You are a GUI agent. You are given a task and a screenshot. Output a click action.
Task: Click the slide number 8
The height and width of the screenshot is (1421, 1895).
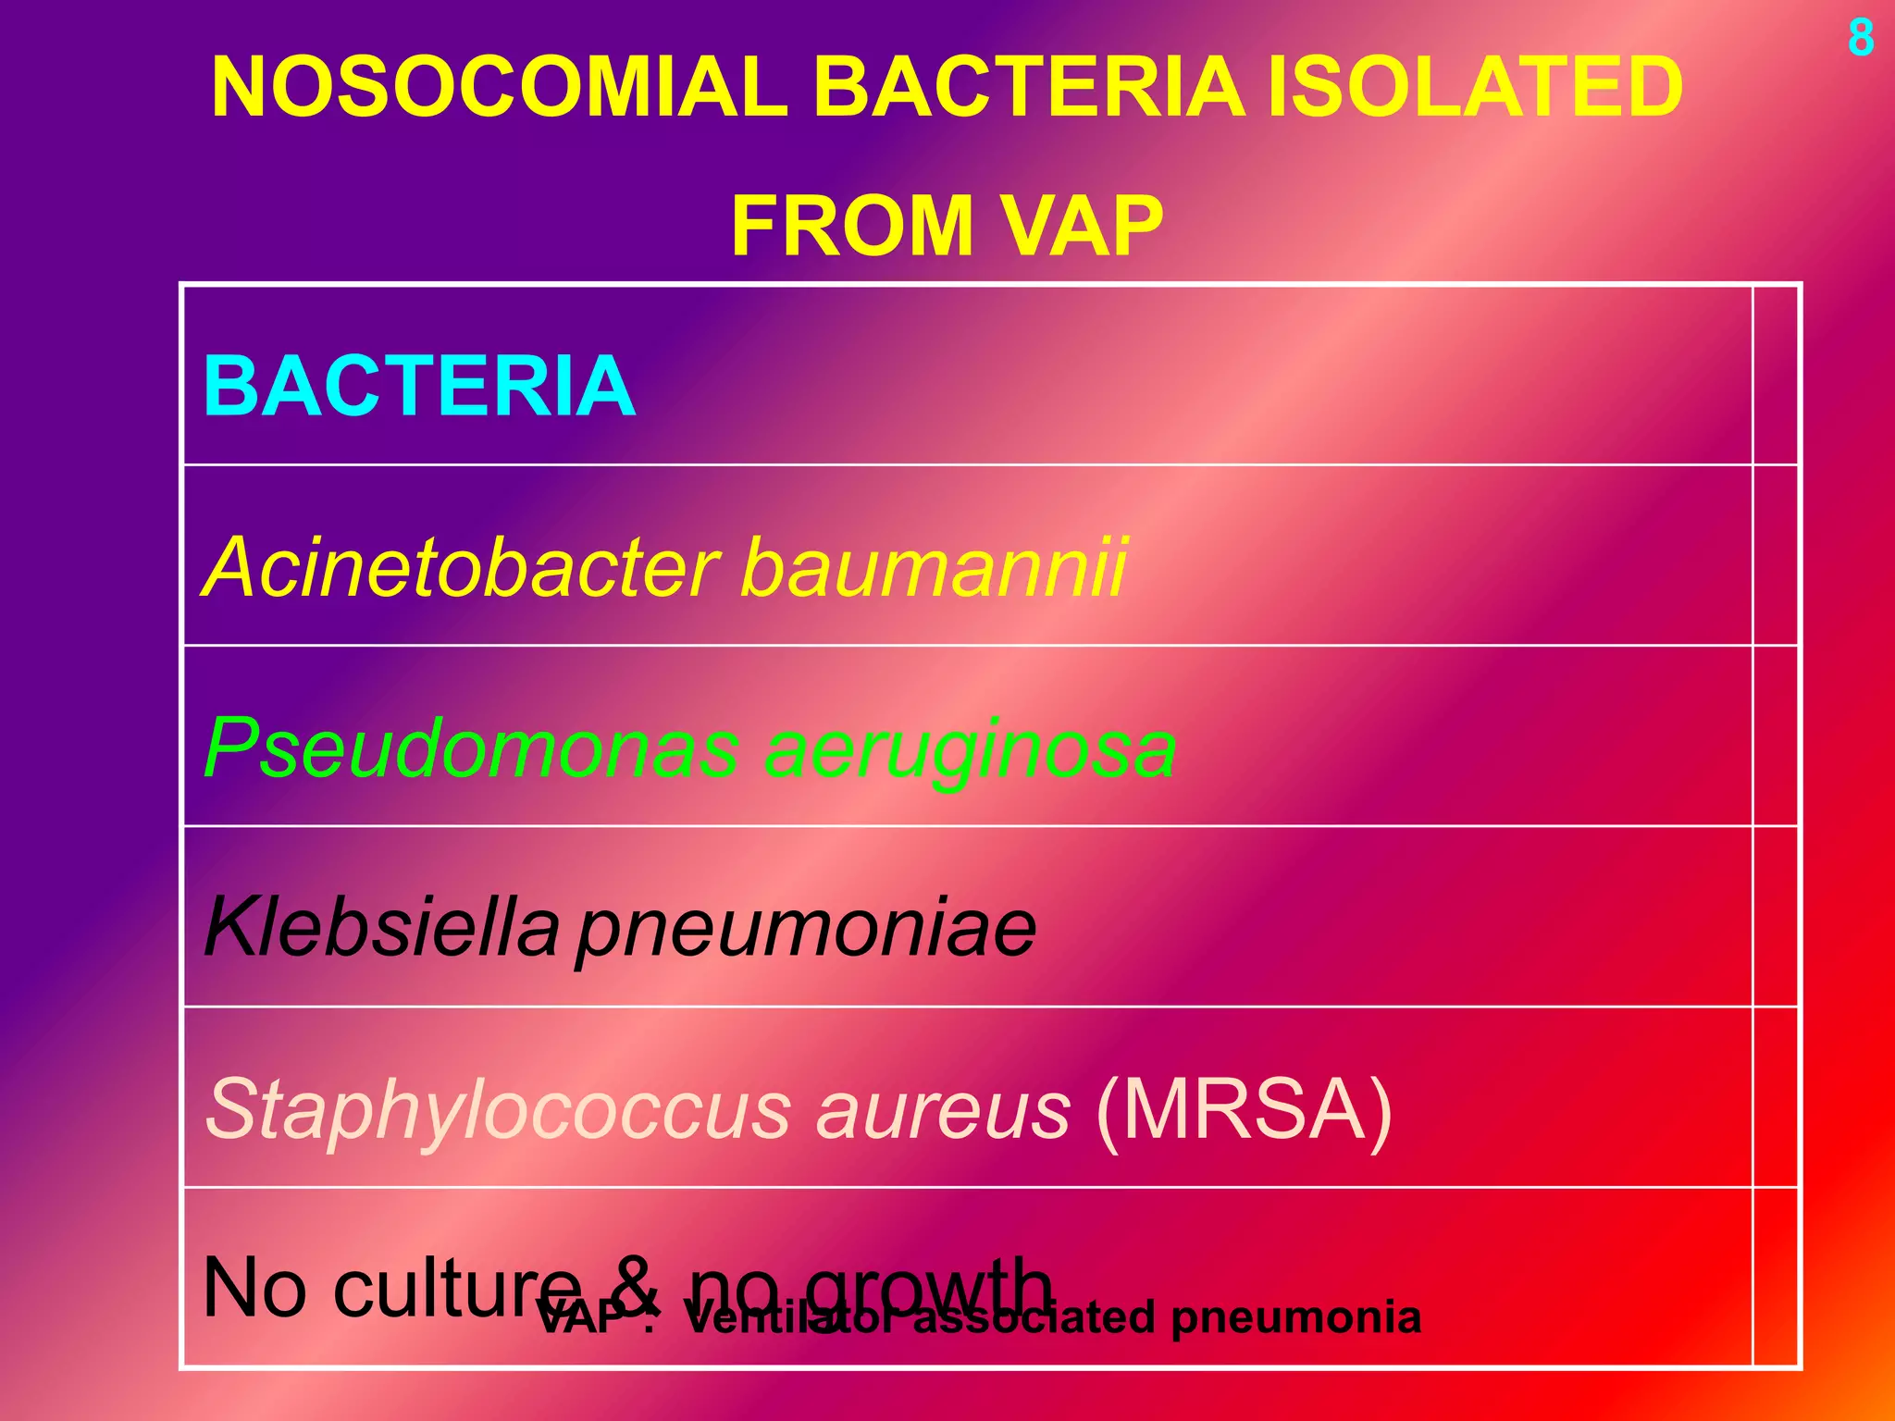1861,39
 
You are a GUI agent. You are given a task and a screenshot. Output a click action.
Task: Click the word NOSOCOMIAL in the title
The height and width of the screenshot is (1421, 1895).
500,87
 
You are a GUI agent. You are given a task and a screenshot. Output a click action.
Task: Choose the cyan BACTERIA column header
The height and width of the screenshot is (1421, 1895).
419,386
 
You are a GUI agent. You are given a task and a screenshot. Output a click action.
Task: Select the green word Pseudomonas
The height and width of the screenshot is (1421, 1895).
471,748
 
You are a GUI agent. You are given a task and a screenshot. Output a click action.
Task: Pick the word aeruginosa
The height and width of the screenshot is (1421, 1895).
971,748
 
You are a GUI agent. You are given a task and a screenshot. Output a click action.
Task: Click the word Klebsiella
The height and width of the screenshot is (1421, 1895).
381,927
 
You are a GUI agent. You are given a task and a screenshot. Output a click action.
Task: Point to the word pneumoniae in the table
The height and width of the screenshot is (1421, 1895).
806,929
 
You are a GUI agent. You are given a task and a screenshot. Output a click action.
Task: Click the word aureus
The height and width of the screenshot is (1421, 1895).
943,1109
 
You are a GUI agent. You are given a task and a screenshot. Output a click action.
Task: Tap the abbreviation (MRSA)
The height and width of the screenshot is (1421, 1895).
1244,1109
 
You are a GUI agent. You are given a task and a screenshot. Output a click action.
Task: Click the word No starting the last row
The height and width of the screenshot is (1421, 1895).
254,1288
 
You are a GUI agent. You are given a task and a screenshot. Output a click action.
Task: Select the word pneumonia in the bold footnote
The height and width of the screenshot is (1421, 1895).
1295,1317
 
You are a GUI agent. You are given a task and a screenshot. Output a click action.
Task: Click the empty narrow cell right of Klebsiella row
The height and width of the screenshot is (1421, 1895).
1775,916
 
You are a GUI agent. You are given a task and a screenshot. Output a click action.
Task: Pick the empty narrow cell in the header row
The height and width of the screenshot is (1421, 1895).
1775,376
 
